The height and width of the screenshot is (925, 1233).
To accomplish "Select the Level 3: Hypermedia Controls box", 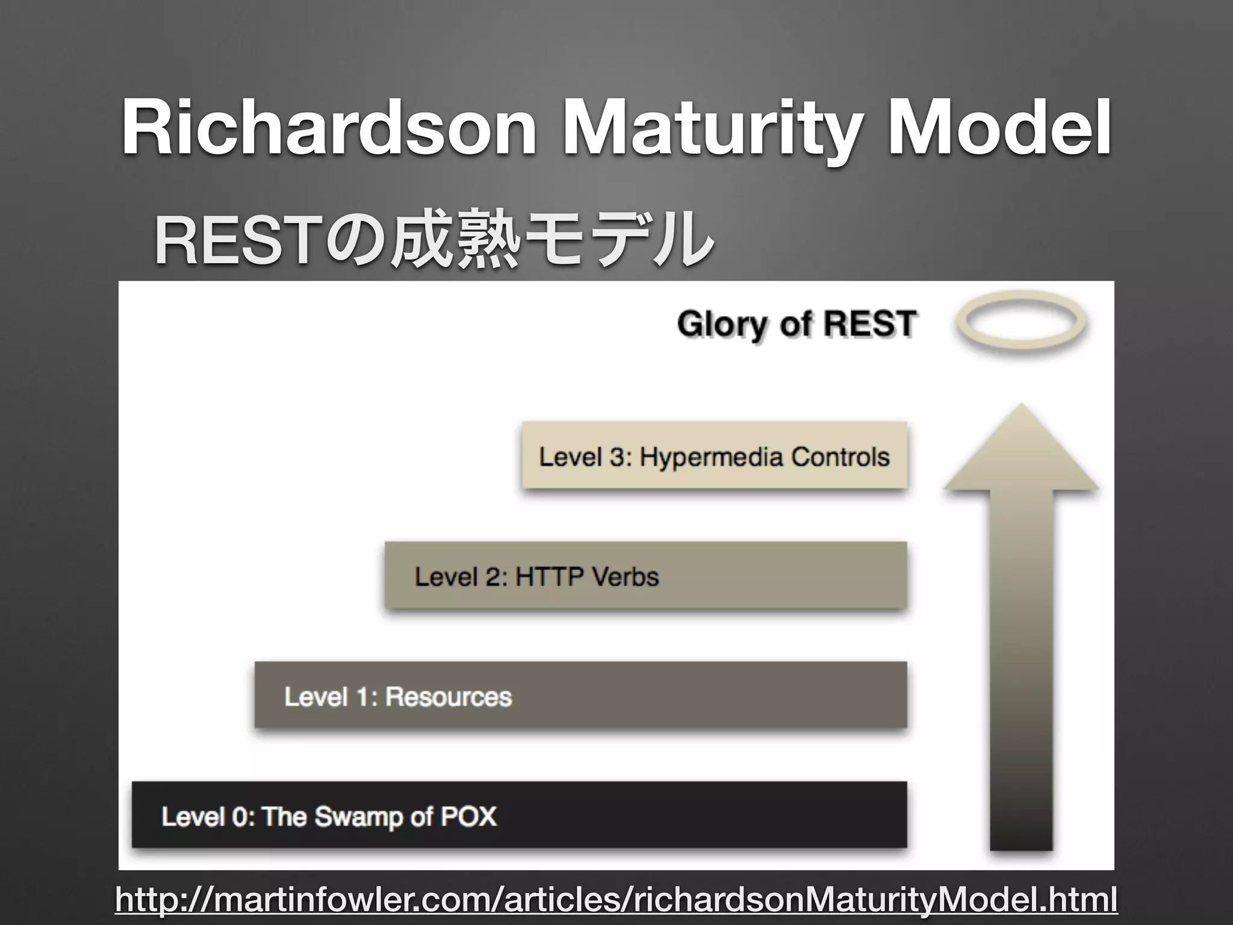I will click(x=714, y=455).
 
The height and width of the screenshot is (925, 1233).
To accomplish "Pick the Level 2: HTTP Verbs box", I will click(x=645, y=575).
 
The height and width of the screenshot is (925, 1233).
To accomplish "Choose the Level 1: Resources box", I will click(x=580, y=695).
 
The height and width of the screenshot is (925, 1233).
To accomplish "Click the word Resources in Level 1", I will click(x=448, y=697).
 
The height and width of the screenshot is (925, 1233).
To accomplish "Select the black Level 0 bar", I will click(x=519, y=815).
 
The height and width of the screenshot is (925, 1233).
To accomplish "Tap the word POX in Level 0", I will click(x=468, y=817).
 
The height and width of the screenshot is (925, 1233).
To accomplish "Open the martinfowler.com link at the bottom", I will click(x=615, y=900).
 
